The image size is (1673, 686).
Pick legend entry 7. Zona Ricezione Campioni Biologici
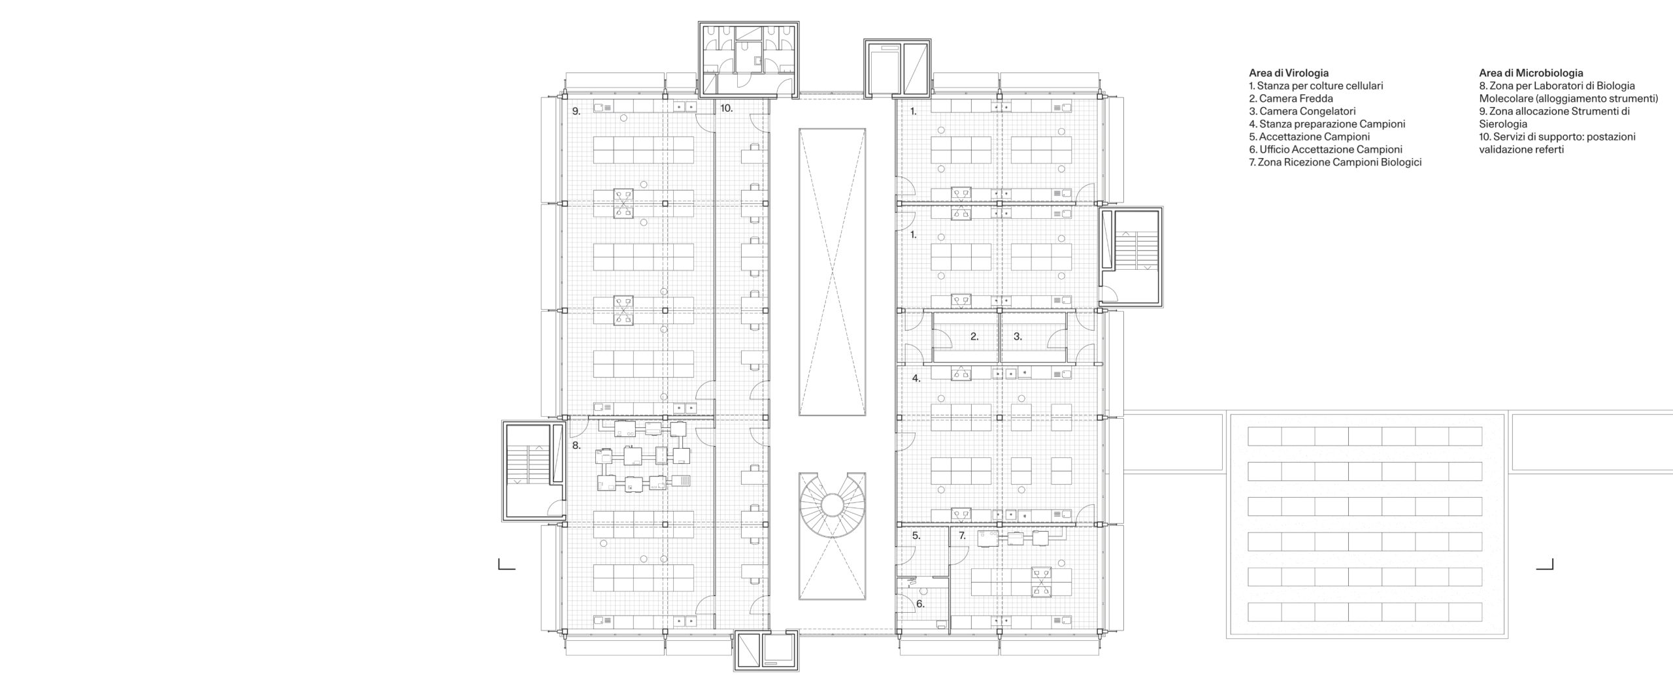tap(1334, 162)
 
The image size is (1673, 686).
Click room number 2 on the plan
tap(974, 337)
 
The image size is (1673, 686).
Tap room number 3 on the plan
tap(1018, 337)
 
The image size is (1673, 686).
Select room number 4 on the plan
tap(916, 378)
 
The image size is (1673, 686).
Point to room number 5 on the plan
tap(916, 536)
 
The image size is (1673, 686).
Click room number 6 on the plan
tap(920, 604)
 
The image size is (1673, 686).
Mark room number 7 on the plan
tap(962, 536)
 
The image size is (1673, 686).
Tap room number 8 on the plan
tap(576, 446)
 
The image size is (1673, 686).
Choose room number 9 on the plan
tap(576, 112)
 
